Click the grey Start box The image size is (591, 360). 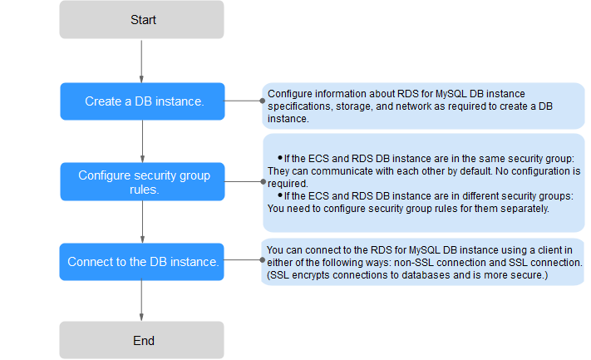coord(141,20)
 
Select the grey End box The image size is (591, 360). coord(141,340)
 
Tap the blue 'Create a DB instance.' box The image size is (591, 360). coord(142,101)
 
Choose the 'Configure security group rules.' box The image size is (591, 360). coord(142,182)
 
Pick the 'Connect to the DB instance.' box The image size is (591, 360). coord(141,262)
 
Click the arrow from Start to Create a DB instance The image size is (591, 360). coord(141,62)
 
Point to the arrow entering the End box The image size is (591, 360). coord(141,300)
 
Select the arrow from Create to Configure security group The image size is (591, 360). coord(142,141)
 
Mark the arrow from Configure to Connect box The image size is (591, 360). coord(142,222)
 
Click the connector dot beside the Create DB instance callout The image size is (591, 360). coord(263,101)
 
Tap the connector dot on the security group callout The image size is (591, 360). coord(263,182)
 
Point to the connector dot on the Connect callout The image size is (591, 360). coord(263,259)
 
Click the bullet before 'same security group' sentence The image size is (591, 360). coord(280,158)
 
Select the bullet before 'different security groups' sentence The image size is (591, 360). coord(280,195)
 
